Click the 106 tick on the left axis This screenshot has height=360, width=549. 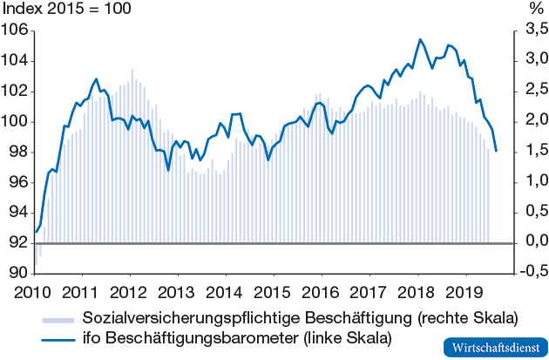coord(17,31)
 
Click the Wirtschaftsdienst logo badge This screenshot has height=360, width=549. coord(492,346)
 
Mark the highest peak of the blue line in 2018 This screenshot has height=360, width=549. coord(420,39)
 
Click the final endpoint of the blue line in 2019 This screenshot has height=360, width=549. coord(496,151)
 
